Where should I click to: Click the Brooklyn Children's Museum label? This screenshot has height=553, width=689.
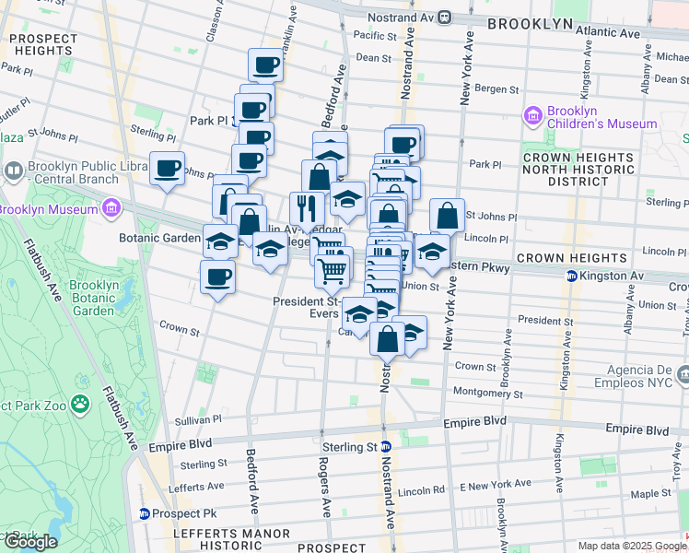tap(601, 117)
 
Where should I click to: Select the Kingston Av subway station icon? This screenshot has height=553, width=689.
tap(571, 276)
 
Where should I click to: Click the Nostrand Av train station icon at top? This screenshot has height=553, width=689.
tap(444, 17)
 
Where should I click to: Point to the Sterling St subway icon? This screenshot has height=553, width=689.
tap(387, 446)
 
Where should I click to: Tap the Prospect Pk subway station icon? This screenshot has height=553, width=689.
tap(145, 512)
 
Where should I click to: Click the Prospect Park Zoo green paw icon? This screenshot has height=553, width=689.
tap(82, 403)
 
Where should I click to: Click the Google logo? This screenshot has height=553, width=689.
tap(29, 541)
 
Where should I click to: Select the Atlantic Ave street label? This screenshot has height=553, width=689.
tap(609, 32)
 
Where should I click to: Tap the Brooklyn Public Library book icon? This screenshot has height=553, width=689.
tap(14, 170)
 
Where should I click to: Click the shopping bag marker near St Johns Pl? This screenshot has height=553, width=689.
tap(447, 217)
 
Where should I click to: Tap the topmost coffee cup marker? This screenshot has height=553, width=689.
tap(265, 65)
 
